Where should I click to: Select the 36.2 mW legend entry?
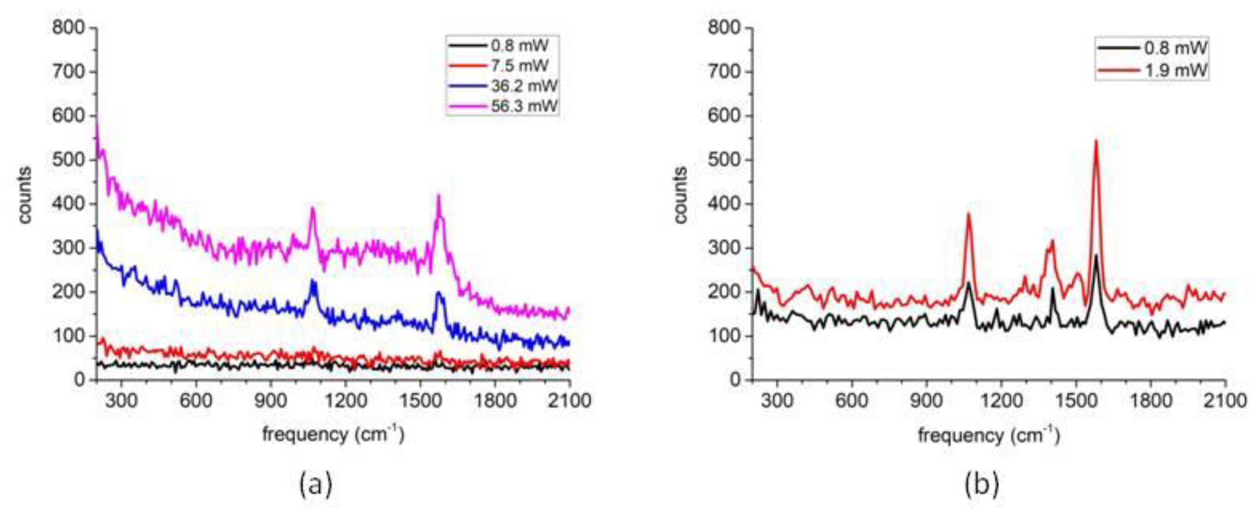click(x=523, y=86)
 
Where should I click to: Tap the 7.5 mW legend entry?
click(x=519, y=66)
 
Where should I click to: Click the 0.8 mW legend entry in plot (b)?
click(x=1175, y=48)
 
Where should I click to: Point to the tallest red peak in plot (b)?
click(x=1096, y=141)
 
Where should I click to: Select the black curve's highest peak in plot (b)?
click(x=1096, y=255)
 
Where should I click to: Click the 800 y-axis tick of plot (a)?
click(x=68, y=28)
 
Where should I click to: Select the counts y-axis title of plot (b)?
click(x=680, y=196)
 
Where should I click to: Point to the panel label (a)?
click(x=316, y=485)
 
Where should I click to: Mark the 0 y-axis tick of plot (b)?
click(x=735, y=380)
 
